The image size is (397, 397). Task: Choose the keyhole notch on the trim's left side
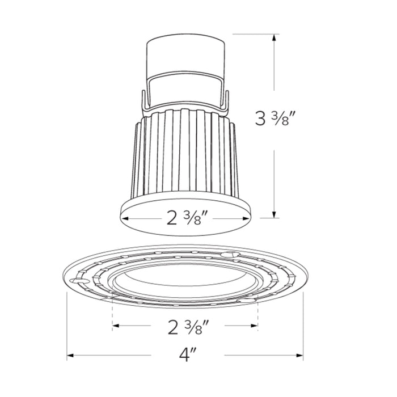coord(78,280)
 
